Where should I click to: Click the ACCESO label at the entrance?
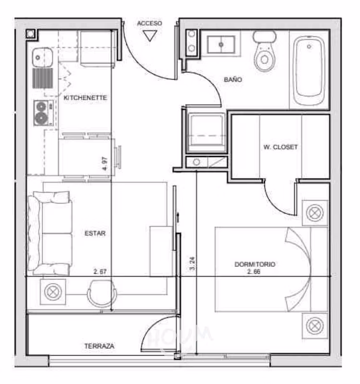tap(149, 23)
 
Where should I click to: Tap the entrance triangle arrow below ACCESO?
tap(150, 36)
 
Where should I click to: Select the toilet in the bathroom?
tap(264, 51)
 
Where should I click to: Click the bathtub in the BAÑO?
tap(309, 70)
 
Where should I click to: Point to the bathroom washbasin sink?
tap(221, 45)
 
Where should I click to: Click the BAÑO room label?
tap(233, 80)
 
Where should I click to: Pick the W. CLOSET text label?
tap(280, 147)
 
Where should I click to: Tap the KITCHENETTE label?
tap(85, 98)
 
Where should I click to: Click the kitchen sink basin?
tap(42, 57)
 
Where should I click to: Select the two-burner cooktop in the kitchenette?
tap(43, 113)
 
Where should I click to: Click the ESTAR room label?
tap(95, 233)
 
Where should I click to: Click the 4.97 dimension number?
tap(105, 164)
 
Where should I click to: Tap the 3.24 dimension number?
tap(192, 264)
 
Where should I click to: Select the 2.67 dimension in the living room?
tap(100, 272)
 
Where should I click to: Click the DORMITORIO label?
tap(255, 264)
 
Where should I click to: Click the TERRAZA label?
tap(99, 346)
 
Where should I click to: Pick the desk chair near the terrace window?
tap(102, 293)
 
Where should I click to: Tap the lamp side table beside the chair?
tap(53, 292)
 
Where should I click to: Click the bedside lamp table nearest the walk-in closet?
tap(315, 213)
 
